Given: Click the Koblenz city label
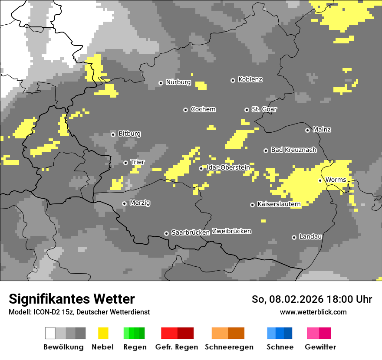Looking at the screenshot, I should pos(250,80).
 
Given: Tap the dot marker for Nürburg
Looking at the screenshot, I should pos(161,83).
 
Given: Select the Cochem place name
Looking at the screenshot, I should pos(203,109).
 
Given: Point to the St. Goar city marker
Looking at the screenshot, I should pos(247,110).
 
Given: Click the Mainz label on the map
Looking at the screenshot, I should pos(322,130).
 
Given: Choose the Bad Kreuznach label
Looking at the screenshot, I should pos(293,150).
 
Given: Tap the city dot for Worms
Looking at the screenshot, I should pos(320,180).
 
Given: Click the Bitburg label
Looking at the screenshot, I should pos(129,134).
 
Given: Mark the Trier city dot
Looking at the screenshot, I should pos(126,163).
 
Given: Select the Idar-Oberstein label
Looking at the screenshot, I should pos(228,167).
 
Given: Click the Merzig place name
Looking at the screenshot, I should pos(140,203).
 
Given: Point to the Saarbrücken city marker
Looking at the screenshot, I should pos(166,233).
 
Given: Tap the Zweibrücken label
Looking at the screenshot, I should pos(231,232).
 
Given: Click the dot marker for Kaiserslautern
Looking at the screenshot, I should pos(252,205).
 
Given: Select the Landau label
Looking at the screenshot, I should pos(310,237).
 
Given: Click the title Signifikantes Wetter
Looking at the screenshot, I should pos(72,299).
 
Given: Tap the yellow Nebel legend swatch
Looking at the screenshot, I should pos(103,333).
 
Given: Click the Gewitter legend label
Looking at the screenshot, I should pos(320,347).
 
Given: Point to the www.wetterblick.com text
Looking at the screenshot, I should pos(313,312).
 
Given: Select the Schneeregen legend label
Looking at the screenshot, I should pos(229,347).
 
